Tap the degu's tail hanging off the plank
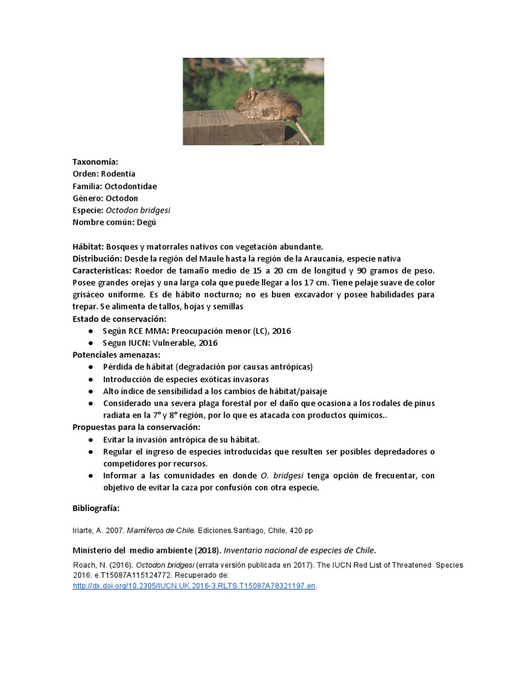click(x=300, y=130)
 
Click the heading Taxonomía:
click(x=95, y=162)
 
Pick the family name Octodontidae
click(x=130, y=186)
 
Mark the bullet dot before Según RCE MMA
click(x=90, y=331)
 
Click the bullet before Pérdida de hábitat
click(x=90, y=367)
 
